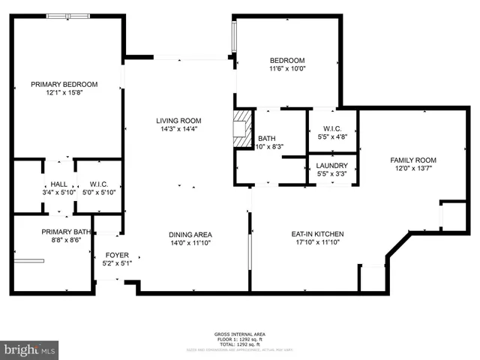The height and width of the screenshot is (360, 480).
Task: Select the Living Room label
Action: (178, 121)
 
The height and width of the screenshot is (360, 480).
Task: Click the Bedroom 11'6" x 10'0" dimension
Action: (287, 69)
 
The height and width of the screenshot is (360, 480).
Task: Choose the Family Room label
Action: (412, 160)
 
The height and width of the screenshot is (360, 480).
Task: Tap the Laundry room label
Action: (331, 166)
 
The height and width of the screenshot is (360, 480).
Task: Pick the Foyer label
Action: (116, 255)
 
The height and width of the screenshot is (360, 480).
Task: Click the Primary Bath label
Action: (66, 232)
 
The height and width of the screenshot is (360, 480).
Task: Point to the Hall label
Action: (58, 184)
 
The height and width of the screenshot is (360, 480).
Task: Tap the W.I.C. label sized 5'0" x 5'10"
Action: (99, 184)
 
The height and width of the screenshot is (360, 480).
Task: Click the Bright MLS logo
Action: (30, 349)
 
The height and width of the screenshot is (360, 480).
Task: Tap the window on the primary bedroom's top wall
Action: (68, 15)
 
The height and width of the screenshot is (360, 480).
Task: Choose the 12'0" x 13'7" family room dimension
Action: (412, 169)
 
